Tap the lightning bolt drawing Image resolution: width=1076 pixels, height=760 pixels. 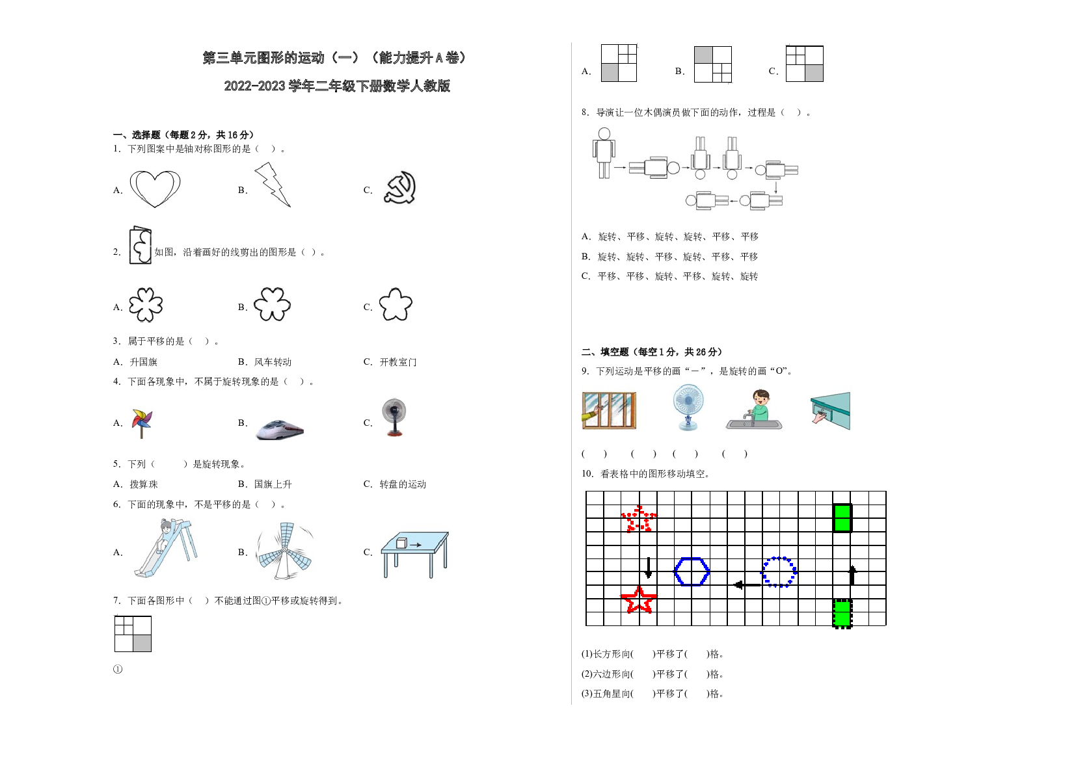point(273,185)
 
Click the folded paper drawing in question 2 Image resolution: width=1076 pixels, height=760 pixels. point(141,245)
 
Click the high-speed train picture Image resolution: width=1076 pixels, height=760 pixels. point(280,430)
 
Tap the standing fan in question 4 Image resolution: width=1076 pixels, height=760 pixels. point(394,417)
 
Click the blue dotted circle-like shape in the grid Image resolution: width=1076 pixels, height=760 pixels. point(763,572)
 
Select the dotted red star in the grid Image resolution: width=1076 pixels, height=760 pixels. point(639,519)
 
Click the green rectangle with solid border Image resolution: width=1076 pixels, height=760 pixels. point(842,518)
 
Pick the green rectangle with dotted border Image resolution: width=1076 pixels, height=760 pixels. point(842,613)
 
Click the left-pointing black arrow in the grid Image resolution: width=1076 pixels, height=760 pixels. point(747,584)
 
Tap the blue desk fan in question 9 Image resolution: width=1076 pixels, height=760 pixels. point(688,407)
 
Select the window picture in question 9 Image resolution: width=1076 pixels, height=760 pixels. point(609,410)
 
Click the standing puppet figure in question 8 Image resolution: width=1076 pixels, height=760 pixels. point(604,153)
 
